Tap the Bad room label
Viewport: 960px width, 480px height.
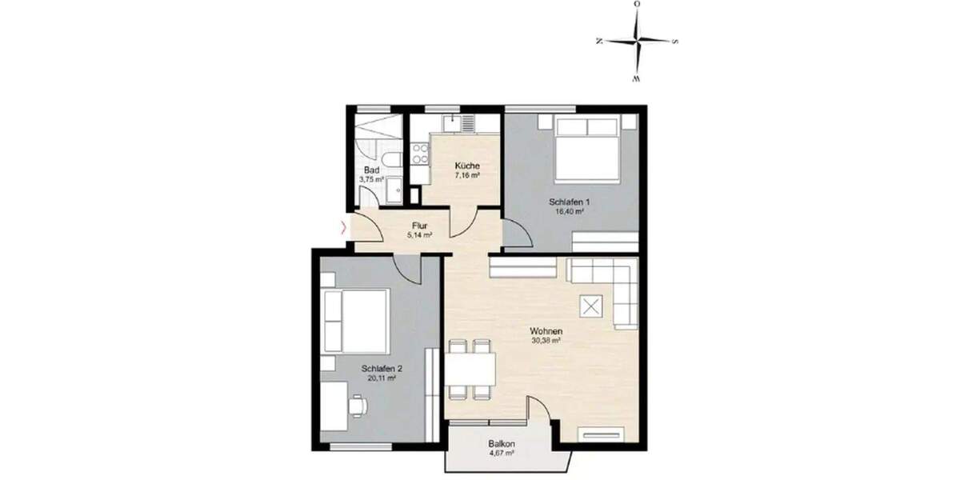click(370, 170)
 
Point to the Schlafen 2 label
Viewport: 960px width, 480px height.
click(381, 369)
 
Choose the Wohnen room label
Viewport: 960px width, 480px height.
click(544, 330)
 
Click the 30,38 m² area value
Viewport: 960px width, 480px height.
click(544, 340)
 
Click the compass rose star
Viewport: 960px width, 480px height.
click(638, 42)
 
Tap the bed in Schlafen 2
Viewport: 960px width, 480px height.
click(356, 319)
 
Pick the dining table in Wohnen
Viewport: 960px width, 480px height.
click(471, 369)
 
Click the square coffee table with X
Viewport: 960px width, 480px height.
click(592, 306)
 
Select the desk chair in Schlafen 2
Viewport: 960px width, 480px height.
click(358, 406)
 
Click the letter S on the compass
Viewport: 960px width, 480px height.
click(676, 42)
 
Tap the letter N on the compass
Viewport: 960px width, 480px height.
click(599, 42)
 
